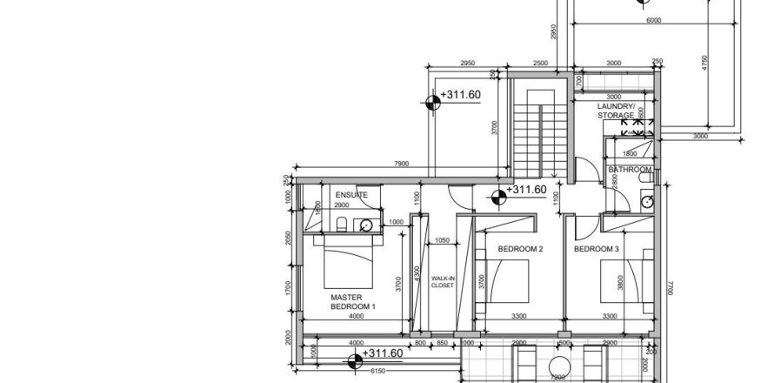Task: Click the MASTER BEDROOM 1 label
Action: (x=353, y=302)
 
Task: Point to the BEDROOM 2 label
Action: (x=520, y=250)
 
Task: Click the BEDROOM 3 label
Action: (x=597, y=250)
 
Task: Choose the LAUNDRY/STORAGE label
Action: (x=616, y=111)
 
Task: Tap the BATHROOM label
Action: (x=630, y=169)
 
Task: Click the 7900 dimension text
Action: (x=401, y=164)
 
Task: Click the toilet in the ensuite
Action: (x=342, y=226)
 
